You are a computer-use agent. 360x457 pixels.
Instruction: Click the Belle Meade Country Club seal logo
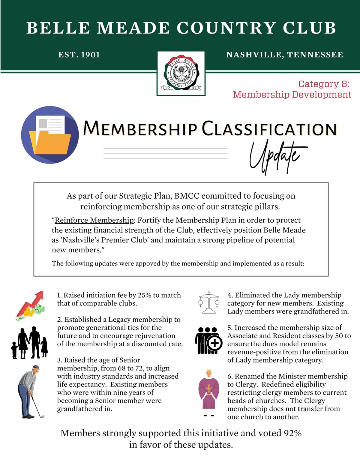tap(181, 73)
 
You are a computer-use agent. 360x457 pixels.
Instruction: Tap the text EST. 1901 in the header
tap(79, 55)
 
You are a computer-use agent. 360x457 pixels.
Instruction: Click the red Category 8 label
tap(324, 84)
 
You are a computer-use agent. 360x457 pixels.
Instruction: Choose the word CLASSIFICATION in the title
tap(269, 129)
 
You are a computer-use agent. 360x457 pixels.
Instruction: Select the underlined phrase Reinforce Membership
tap(94, 220)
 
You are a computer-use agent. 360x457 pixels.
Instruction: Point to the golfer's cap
tap(36, 367)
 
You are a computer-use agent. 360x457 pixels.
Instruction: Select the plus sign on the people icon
tap(215, 343)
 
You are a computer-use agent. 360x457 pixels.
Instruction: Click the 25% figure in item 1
tap(144, 295)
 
